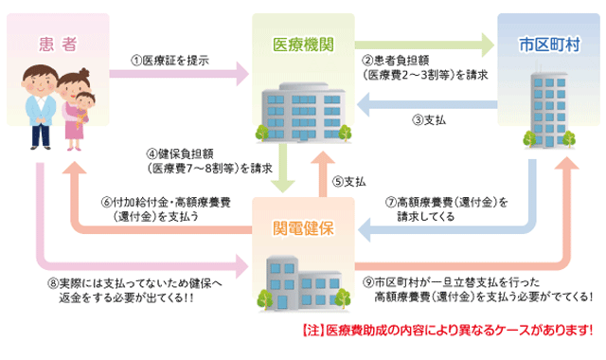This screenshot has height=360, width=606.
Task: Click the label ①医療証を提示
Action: point(171,62)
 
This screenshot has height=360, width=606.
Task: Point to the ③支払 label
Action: point(428,120)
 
